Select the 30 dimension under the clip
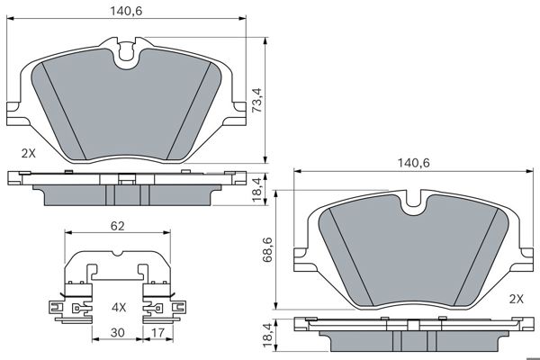point(117,332)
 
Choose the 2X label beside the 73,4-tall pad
point(28,153)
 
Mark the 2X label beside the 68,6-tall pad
point(516,298)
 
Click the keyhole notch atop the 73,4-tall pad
point(127,56)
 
